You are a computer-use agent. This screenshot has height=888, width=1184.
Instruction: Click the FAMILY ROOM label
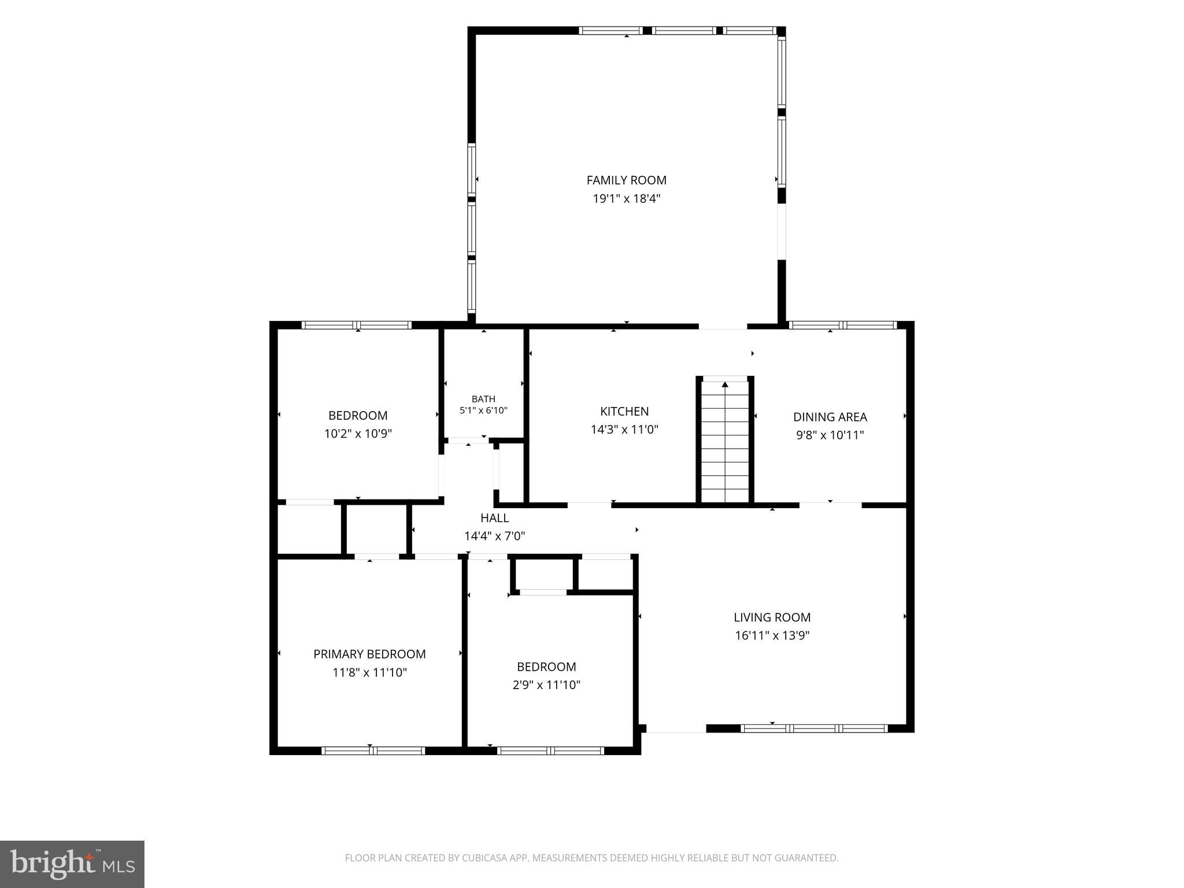tap(626, 180)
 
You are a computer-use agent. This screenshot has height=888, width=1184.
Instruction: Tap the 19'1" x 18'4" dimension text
tap(626, 199)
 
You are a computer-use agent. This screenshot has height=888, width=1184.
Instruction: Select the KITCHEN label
tap(624, 411)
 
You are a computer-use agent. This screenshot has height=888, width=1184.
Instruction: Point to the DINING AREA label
tap(830, 417)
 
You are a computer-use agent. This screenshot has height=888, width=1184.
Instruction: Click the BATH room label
tap(483, 399)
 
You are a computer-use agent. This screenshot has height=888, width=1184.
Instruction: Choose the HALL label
tap(494, 518)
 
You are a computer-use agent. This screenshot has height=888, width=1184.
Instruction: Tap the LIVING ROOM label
tap(772, 617)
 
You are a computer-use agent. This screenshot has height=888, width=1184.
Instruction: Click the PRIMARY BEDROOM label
tap(369, 654)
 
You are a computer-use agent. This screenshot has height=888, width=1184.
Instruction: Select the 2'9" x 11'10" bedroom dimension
tap(546, 685)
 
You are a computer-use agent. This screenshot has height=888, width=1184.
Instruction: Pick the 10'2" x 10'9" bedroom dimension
tap(358, 434)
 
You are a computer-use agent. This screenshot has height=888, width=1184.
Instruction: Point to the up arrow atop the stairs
tap(725, 384)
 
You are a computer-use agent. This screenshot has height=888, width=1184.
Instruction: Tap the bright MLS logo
tap(72, 864)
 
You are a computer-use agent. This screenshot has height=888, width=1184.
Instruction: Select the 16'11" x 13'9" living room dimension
tap(772, 636)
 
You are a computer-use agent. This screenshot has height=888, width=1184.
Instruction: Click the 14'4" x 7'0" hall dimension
tap(494, 536)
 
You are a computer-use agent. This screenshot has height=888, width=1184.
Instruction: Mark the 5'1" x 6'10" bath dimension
tap(483, 410)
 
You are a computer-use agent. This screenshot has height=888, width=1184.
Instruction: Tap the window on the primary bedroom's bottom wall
tap(373, 751)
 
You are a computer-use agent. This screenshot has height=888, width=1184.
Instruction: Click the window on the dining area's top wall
tap(842, 325)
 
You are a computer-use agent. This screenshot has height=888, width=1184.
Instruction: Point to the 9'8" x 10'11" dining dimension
tap(830, 435)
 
